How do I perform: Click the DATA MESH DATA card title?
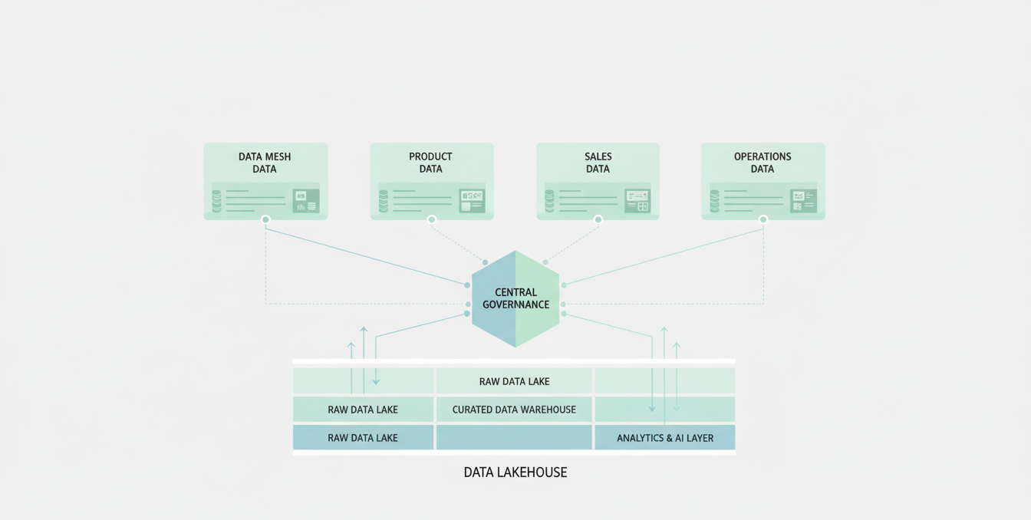click(265, 163)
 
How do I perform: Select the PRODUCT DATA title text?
click(430, 163)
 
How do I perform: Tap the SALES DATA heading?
click(598, 163)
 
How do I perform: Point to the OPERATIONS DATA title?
click(763, 163)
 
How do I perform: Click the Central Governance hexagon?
click(515, 298)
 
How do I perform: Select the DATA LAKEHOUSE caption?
click(515, 472)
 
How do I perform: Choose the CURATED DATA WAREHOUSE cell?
click(514, 410)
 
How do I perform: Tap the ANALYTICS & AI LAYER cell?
click(665, 438)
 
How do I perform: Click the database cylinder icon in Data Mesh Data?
click(217, 201)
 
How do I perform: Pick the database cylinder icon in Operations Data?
click(715, 201)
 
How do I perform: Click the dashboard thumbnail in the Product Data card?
click(472, 201)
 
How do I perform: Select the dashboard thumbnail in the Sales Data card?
click(637, 201)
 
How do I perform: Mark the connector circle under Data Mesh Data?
click(265, 220)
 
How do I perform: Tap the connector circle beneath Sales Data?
click(598, 220)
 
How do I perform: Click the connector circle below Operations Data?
click(763, 220)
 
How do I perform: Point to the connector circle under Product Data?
click(432, 220)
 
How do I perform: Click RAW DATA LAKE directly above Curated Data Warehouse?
click(514, 381)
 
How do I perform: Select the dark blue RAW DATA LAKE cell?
click(363, 438)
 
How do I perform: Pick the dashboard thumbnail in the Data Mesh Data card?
click(306, 201)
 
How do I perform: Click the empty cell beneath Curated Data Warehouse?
click(514, 438)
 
